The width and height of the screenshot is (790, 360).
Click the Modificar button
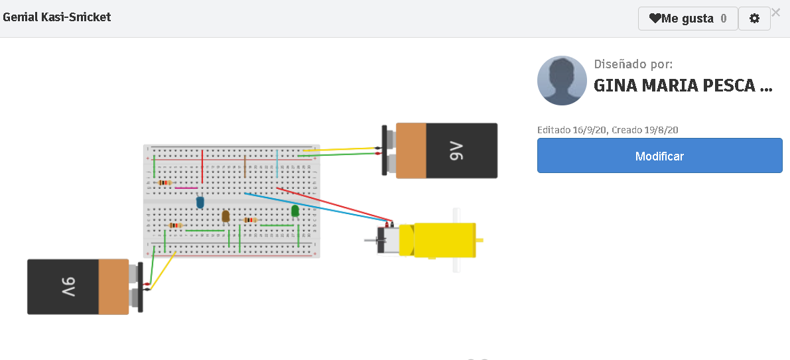tap(659, 156)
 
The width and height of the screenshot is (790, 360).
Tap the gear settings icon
tap(754, 19)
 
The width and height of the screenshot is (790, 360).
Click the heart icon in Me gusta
tap(655, 19)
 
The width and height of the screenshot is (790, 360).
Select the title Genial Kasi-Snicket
tap(57, 17)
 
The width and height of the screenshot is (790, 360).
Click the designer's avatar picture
tap(562, 80)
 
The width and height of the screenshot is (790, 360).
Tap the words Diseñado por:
tap(633, 64)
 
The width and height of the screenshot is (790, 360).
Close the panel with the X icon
tap(775, 12)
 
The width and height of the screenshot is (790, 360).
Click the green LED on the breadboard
tap(295, 211)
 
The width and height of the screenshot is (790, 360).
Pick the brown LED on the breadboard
tap(226, 216)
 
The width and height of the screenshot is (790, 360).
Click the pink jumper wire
tap(186, 188)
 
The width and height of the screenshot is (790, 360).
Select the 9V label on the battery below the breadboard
tap(70, 287)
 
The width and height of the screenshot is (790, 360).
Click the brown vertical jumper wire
tap(245, 166)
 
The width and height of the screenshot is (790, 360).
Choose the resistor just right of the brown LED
tap(250, 220)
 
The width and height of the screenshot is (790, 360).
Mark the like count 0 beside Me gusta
tap(724, 19)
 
